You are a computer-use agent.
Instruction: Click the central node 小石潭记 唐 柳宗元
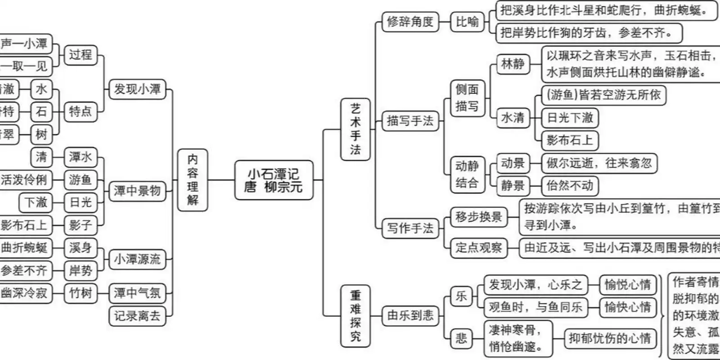coord(274,180)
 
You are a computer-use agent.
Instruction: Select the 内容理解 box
coord(193,180)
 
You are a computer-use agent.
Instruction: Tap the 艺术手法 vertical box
coord(355,129)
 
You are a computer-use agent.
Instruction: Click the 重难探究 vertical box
coord(355,315)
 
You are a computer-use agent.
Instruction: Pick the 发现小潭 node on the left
coord(137,89)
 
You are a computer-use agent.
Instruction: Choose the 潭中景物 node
coord(137,191)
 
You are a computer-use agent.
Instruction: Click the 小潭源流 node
coord(137,259)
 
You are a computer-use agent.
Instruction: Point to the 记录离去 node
coord(137,316)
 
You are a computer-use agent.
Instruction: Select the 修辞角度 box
coord(410,22)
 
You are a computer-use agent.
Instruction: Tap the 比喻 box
coord(468,22)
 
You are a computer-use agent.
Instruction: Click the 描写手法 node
coord(410,121)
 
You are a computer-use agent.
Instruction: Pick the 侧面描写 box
coord(467,98)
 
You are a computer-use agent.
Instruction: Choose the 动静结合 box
coord(467,175)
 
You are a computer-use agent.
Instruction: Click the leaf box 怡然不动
coord(570,185)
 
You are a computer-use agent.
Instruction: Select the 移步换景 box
coord(478,217)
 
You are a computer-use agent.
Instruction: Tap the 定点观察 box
coord(478,247)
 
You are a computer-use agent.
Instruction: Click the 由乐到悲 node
coord(410,315)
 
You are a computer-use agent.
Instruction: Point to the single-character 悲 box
coord(461,338)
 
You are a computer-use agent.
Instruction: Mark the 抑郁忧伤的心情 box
coord(610,338)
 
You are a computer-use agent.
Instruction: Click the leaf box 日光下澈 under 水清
coord(570,118)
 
